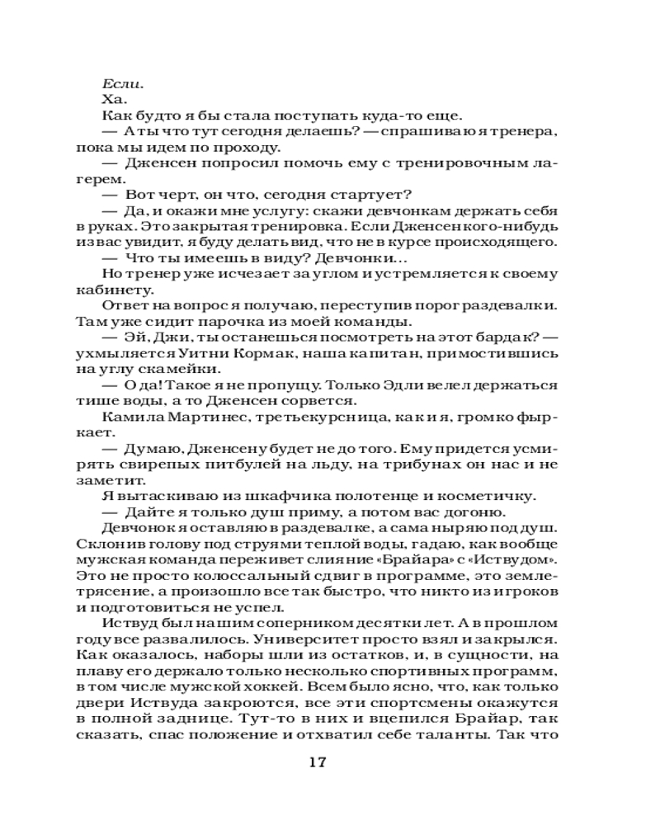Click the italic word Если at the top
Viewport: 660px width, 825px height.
click(x=123, y=83)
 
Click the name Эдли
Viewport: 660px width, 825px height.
click(x=431, y=384)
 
